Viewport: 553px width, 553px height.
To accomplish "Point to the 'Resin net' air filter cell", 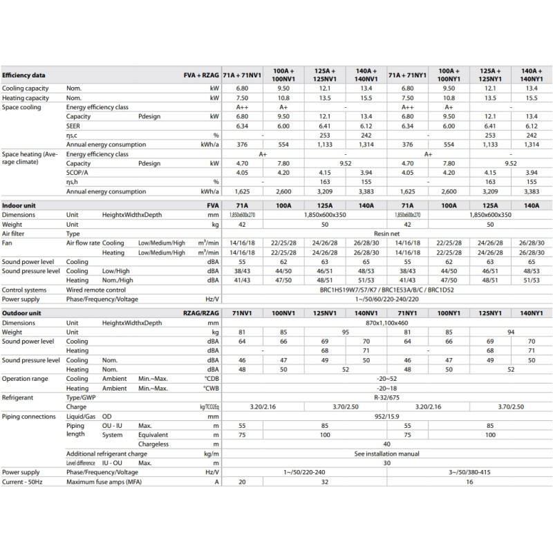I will [386, 234].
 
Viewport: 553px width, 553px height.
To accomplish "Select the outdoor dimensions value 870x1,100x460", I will [386, 323].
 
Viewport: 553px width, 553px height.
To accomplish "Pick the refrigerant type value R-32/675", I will [386, 398].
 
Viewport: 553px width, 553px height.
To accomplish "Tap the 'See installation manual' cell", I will [386, 454].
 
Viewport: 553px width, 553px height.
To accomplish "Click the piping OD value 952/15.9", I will [386, 417].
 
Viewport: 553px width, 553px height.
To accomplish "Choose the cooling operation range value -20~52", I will [386, 379].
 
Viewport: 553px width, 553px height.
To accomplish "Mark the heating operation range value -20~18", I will [386, 388].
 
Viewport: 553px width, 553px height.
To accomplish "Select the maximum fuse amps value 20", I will [242, 482].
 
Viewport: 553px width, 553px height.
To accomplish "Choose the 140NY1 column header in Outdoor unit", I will [531, 313].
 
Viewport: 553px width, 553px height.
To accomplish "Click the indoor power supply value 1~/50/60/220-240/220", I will [386, 301].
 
